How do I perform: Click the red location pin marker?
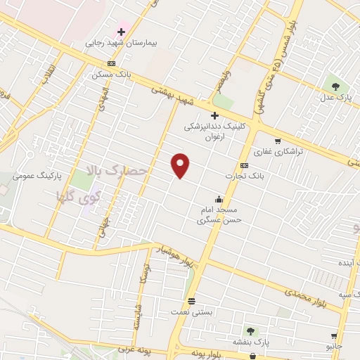(x=181, y=165)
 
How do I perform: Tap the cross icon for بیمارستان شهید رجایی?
(x=122, y=32)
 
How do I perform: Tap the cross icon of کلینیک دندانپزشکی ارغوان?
(x=214, y=116)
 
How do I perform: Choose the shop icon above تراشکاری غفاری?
(x=278, y=141)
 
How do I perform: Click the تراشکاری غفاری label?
(x=278, y=151)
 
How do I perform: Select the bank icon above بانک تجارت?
(x=244, y=165)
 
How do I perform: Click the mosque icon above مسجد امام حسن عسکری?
(x=219, y=198)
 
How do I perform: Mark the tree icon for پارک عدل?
(x=335, y=87)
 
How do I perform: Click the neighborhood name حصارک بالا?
(x=117, y=170)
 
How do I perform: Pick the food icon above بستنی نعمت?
(x=192, y=300)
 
